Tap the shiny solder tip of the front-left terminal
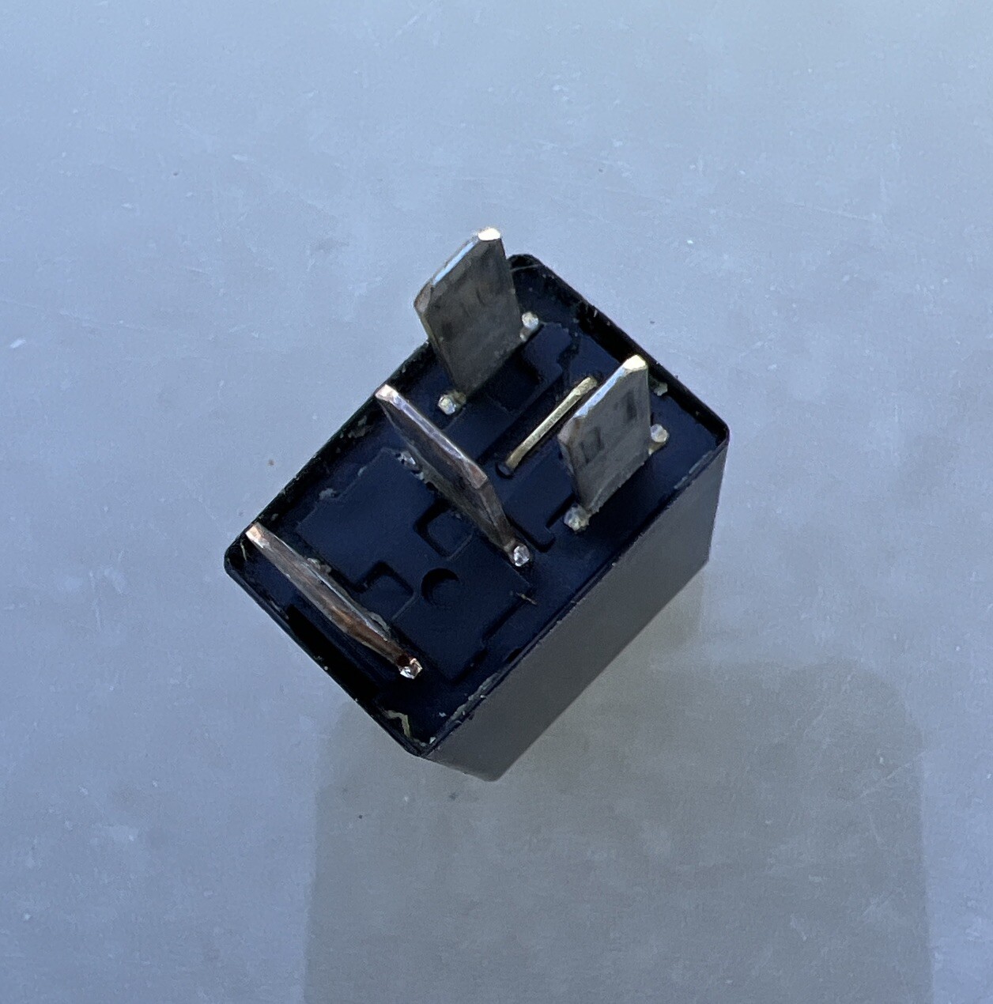point(411,669)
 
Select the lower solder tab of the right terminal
point(576,519)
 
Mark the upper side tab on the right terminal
point(659,432)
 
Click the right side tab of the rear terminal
point(530,321)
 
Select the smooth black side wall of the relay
point(601,632)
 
